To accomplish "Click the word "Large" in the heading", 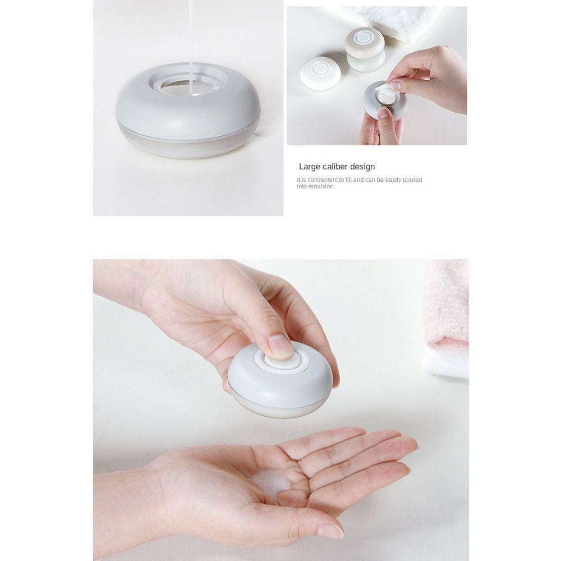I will pyautogui.click(x=309, y=167).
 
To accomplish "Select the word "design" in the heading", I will pyautogui.click(x=362, y=167).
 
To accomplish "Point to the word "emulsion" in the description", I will pyautogui.click(x=319, y=187).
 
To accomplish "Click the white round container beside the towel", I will pyautogui.click(x=320, y=73).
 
